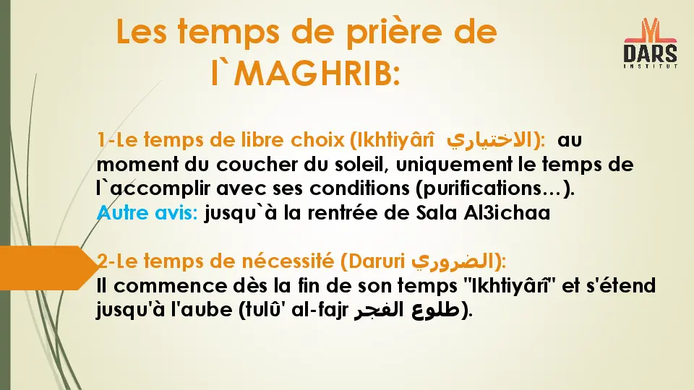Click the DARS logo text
[650, 53]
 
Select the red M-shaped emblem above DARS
[650, 30]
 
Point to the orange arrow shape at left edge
[43, 267]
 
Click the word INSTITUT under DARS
[650, 66]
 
